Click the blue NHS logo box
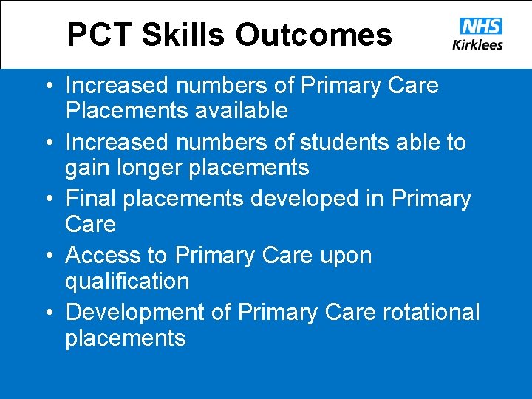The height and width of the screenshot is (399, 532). pos(480,27)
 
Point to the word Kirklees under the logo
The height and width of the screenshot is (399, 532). pos(477,44)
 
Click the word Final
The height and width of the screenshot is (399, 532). pos(92,199)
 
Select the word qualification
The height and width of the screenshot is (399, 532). pos(127,282)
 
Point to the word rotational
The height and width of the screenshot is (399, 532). pos(431,313)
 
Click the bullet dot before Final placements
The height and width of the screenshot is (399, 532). pos(48,199)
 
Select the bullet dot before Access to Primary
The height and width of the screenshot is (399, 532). pos(48,256)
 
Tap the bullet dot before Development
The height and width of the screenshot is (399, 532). pos(48,313)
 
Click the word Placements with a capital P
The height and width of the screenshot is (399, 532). pos(124,111)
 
